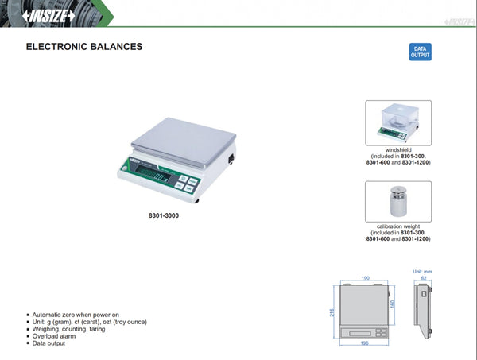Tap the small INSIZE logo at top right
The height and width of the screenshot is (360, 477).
point(453,14)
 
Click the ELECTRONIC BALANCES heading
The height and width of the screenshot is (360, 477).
point(84,47)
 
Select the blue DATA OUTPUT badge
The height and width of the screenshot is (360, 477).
point(419,52)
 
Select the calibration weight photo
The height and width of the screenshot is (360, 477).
point(398,202)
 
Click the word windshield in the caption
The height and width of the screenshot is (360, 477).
point(398,149)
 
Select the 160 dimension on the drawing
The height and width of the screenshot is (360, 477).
point(392,303)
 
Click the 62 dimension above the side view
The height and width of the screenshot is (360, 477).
point(424,278)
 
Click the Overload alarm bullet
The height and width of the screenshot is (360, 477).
point(58,336)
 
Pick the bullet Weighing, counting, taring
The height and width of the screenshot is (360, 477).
point(72,329)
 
